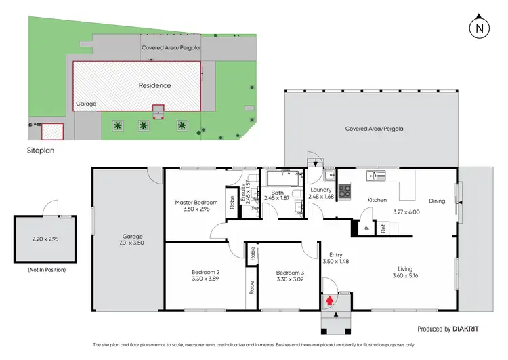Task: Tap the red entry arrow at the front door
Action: [x=330, y=298]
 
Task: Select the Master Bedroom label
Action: [x=196, y=203]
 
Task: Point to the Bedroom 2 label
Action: [x=205, y=273]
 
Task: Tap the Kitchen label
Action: [x=377, y=200]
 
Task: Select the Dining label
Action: [x=438, y=201]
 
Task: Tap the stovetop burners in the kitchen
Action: [x=344, y=192]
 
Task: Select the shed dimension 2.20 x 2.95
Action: [x=46, y=239]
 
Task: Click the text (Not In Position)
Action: [x=47, y=270]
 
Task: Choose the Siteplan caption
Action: [x=39, y=151]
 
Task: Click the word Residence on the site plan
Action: [x=154, y=85]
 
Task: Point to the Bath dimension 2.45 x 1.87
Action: [x=276, y=197]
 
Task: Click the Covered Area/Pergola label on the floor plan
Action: [x=371, y=129]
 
